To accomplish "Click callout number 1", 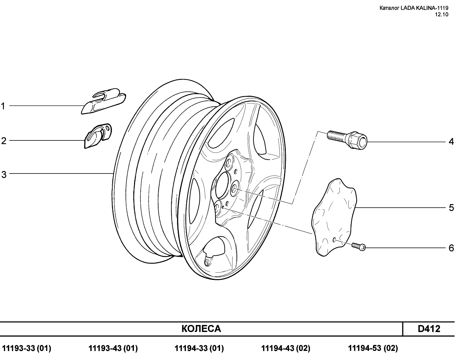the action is point(3,106).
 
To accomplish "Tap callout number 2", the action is point(4,141).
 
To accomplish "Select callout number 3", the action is point(4,175).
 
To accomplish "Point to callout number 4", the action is point(451,142).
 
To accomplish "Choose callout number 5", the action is point(451,208).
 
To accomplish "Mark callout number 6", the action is point(451,248).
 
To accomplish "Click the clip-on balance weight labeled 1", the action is point(103,101).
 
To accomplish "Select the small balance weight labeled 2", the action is point(98,136).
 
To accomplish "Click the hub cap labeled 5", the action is point(334,217).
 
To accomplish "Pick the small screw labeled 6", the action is point(359,247).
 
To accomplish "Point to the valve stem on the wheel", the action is point(207,263).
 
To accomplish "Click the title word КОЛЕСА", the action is point(201,329).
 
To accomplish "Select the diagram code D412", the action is point(429,329).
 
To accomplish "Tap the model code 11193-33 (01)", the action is point(26,348).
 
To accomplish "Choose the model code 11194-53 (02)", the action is point(373,348).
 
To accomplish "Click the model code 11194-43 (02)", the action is point(286,348).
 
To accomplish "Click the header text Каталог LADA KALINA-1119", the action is point(414,8).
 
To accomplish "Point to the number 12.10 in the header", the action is point(441,15).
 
